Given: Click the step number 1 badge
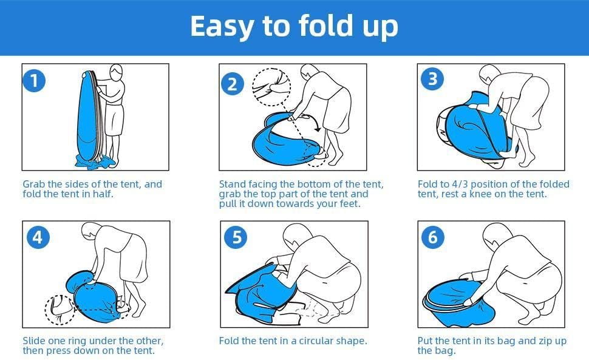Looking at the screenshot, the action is click(34, 81).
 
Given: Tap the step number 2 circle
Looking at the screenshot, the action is click(232, 84).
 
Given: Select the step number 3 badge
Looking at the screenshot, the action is click(432, 79).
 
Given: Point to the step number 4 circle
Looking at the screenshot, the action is click(38, 237).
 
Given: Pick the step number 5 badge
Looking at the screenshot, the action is click(236, 237).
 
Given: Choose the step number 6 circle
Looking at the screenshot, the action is click(433, 237).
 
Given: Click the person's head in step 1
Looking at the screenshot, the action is click(116, 72).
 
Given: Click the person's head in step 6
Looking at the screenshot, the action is click(497, 236).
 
